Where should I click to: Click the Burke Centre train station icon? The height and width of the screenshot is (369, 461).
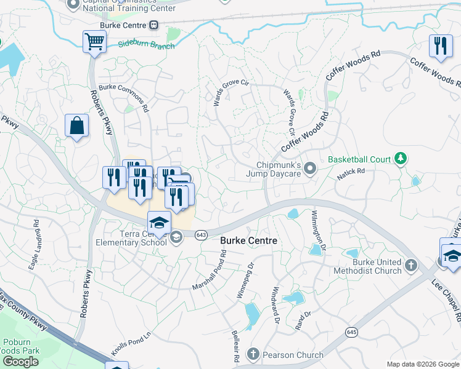click(x=153, y=25)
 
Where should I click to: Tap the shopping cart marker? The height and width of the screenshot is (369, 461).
click(x=94, y=42)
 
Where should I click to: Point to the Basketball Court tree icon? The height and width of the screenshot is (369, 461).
click(x=401, y=159)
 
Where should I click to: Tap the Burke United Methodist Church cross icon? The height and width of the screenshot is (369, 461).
click(x=411, y=266)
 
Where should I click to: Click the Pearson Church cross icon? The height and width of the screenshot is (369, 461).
click(x=253, y=354)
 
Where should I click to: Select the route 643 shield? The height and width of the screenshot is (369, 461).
click(x=202, y=234)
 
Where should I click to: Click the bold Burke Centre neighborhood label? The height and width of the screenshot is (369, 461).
click(x=248, y=241)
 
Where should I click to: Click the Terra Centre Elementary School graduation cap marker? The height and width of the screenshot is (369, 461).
click(x=159, y=223)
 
